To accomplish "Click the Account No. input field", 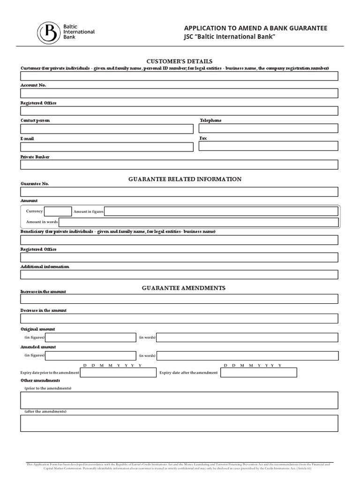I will tap(179, 93).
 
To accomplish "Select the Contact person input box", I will tap(107, 129).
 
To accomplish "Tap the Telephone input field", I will tap(268, 128).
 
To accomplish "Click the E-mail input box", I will tap(107, 147).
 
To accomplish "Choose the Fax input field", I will tap(268, 146).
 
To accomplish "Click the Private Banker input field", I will tap(179, 165).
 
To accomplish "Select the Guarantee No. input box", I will tap(179, 192).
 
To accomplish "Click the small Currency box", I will tap(58, 211).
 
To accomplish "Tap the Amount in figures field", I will tap(221, 211).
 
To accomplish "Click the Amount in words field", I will tap(198, 222).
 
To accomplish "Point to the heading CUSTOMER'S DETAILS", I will tap(180, 61).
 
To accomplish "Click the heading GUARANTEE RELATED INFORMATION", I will tap(185, 179).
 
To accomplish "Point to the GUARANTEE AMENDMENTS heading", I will tap(184, 288).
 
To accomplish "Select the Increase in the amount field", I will tap(179, 299).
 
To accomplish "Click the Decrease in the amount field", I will tap(179, 319).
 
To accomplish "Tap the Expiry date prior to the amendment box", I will tap(118, 373).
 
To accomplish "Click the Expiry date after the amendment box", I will tap(258, 373).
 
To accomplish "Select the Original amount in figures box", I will tap(90, 337).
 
